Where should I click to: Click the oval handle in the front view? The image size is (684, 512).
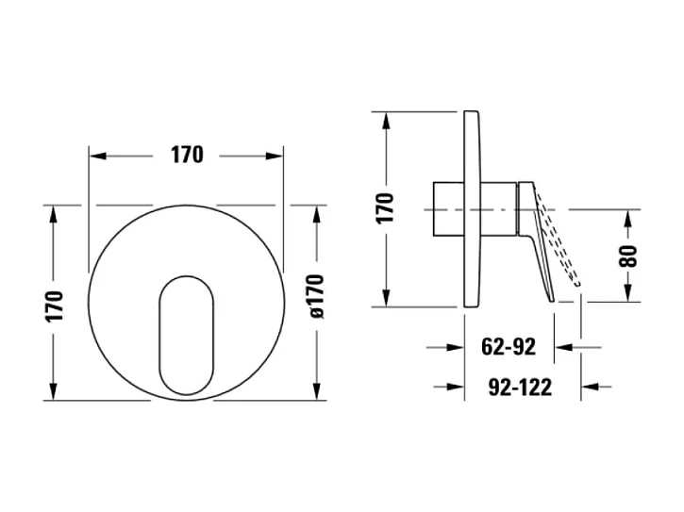(186, 335)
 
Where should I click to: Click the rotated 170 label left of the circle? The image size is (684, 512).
(56, 306)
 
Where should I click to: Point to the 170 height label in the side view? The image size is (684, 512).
(385, 206)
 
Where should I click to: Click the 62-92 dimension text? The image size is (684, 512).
(509, 347)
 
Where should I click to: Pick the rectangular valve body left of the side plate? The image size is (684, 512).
(449, 208)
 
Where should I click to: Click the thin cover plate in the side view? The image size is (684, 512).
(474, 207)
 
